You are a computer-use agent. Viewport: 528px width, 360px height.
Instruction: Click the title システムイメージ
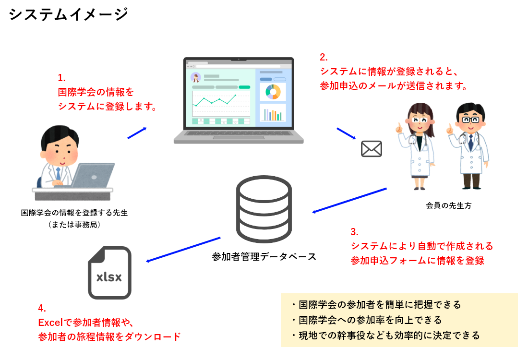[69, 14]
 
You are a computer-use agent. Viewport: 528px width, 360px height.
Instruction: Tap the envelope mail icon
[371, 149]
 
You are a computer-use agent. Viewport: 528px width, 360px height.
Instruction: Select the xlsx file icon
[109, 273]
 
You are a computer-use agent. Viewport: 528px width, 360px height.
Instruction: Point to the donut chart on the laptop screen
[273, 92]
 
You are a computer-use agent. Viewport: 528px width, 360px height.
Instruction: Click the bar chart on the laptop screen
[273, 114]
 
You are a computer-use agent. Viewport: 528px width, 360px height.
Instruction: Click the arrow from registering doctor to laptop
[137, 133]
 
